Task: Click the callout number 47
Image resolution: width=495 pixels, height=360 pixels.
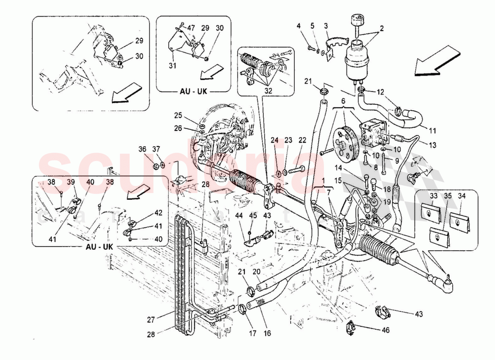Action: (192, 28)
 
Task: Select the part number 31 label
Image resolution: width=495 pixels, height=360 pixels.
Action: (173, 66)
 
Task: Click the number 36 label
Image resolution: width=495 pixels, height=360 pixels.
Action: (143, 149)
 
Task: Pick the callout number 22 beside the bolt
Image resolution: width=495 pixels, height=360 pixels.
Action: (302, 140)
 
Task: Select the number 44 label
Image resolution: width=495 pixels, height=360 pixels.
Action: (238, 216)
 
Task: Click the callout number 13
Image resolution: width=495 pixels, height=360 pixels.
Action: (433, 145)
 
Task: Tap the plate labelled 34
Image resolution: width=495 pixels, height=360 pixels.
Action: (459, 220)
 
